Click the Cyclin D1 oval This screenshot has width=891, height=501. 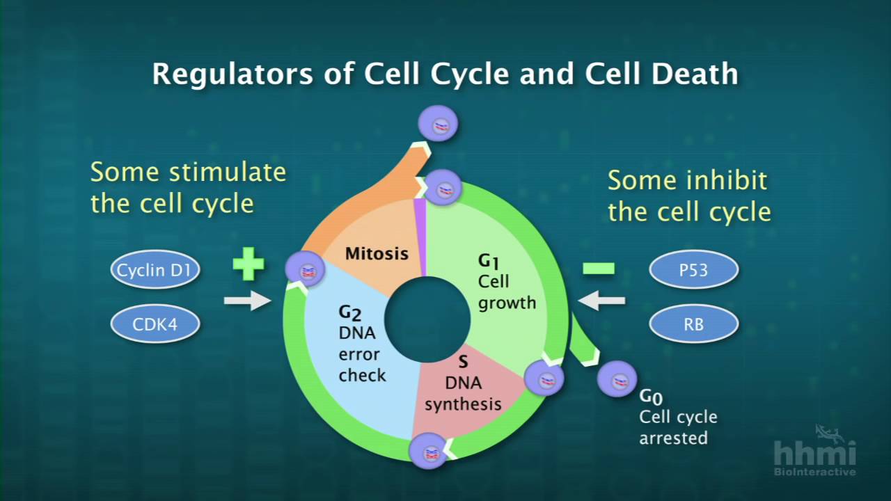[155, 270]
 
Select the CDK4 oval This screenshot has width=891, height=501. [155, 324]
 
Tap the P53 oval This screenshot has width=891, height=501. [693, 270]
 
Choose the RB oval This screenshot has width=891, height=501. [693, 324]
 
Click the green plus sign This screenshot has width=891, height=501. [249, 265]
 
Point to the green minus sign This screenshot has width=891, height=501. [599, 268]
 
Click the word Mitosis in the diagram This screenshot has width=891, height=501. [377, 253]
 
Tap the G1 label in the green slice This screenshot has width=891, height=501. [489, 262]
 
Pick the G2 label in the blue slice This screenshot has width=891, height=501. [349, 312]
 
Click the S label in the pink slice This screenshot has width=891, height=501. [463, 362]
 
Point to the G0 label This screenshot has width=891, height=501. [651, 397]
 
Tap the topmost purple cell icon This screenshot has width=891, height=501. [439, 124]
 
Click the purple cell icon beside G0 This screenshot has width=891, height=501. [617, 380]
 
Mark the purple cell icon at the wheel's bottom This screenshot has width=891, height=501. [428, 452]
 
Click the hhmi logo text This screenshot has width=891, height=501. [814, 453]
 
